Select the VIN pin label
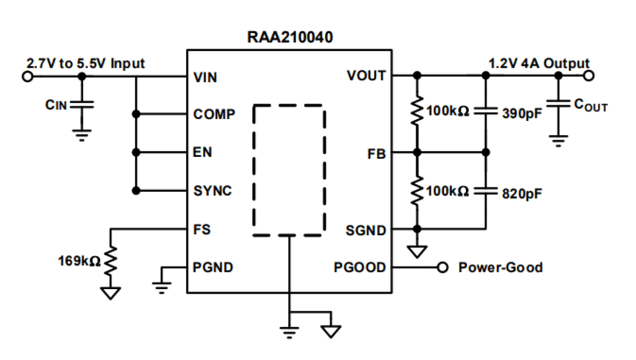coord(206,77)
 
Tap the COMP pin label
coord(214,114)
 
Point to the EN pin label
coord(203,152)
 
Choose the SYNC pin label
coord(213,191)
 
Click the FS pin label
coord(202,229)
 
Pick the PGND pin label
coord(213,267)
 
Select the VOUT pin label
coord(366,76)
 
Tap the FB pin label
coord(376,153)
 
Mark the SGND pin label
coord(366,231)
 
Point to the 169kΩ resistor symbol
coord(111,261)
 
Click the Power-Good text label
coord(500,267)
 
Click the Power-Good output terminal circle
coord(443,267)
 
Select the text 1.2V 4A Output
coord(539,64)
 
